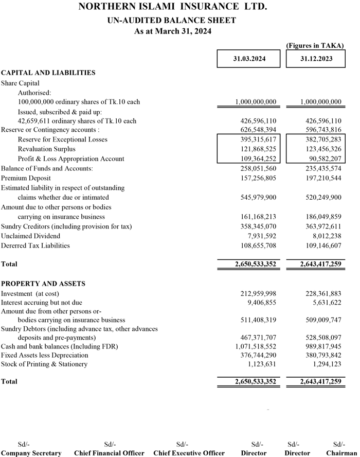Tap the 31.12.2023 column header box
[316, 59]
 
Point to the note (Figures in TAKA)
[315, 46]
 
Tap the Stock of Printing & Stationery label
[44, 364]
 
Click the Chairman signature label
[339, 453]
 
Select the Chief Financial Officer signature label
[109, 453]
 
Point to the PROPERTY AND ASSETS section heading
[43, 284]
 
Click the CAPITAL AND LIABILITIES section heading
[48, 73]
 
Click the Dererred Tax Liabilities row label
[35, 245]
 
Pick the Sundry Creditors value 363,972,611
[321, 226]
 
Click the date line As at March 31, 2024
[172, 31]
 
